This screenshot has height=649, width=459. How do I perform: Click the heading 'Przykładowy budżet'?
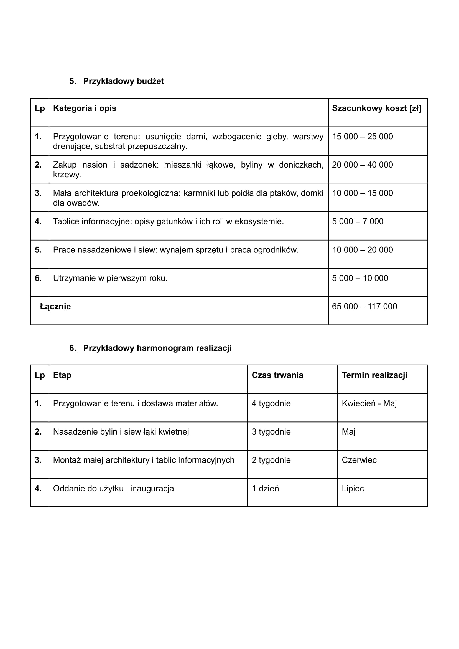click(123, 81)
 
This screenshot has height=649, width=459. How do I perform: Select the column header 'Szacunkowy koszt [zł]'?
click(376, 108)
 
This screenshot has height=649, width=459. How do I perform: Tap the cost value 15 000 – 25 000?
click(362, 136)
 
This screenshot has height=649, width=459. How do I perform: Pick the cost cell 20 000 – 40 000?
click(362, 165)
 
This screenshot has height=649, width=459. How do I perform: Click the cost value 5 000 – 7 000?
click(358, 221)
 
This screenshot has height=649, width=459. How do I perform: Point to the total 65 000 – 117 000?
click(364, 306)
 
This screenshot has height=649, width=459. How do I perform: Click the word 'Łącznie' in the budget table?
click(55, 306)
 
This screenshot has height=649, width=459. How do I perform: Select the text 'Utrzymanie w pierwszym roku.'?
click(110, 278)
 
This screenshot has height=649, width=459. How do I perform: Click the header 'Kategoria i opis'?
click(85, 108)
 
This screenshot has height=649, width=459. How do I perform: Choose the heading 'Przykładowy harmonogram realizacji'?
click(157, 348)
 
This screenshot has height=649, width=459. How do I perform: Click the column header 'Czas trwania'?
click(277, 375)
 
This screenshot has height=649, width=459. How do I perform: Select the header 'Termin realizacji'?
click(374, 375)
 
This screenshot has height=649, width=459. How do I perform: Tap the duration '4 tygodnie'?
click(271, 403)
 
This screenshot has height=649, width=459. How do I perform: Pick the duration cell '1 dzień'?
click(265, 489)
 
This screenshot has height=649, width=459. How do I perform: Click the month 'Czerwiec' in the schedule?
click(359, 460)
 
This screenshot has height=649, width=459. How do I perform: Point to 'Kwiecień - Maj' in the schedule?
click(369, 403)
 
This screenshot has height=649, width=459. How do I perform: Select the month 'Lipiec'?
click(353, 489)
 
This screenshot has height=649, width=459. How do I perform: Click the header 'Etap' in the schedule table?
click(62, 375)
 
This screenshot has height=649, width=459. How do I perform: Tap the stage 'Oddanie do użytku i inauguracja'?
click(113, 489)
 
